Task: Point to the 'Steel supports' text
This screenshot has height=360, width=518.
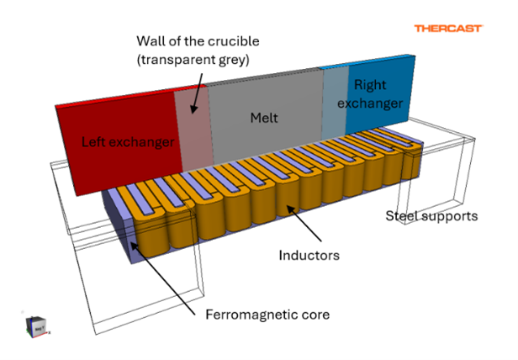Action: (431, 216)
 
